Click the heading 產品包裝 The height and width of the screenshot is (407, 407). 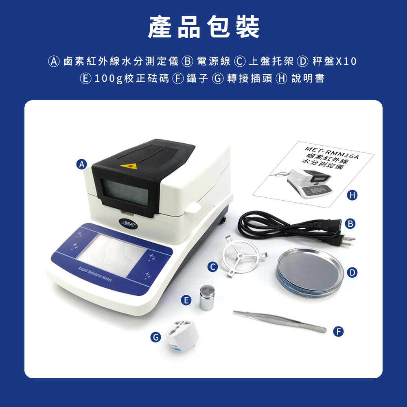(203, 27)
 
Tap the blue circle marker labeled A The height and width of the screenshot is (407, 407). (82, 164)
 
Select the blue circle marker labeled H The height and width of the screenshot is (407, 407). (352, 195)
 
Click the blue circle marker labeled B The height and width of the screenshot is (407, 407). (350, 223)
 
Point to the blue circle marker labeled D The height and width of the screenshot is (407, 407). (352, 273)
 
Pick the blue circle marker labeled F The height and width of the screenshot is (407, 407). (339, 331)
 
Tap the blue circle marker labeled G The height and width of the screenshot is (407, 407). (155, 337)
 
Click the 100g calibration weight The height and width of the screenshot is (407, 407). (207, 298)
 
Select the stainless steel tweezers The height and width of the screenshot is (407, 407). (280, 322)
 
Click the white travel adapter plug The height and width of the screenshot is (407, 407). (182, 335)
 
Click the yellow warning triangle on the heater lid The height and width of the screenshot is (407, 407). (129, 166)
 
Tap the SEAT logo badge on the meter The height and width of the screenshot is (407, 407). (129, 223)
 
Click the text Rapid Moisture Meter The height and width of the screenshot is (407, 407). (95, 274)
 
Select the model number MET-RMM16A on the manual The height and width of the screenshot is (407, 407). (332, 153)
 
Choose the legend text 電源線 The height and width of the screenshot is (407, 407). (214, 61)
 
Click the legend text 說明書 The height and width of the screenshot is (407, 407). (308, 79)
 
